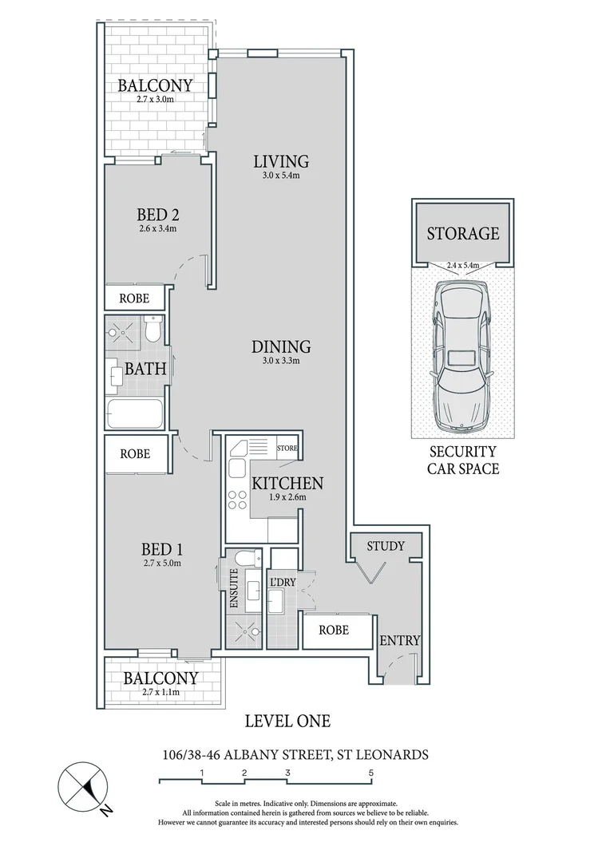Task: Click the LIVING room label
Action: pos(276,161)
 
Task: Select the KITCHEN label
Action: pos(287,483)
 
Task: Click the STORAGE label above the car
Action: pos(462,234)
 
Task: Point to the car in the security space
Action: pos(461,353)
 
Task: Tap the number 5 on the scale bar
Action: pos(371,773)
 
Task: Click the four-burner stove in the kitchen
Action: pos(238,500)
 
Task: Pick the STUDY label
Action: pos(386,546)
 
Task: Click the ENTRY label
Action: pos(399,640)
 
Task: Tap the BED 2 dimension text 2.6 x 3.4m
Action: pos(156,229)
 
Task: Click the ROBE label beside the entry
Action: pos(334,629)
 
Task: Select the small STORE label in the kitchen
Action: pos(287,449)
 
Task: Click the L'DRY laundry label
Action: pos(283,582)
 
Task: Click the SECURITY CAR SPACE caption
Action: pos(462,461)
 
